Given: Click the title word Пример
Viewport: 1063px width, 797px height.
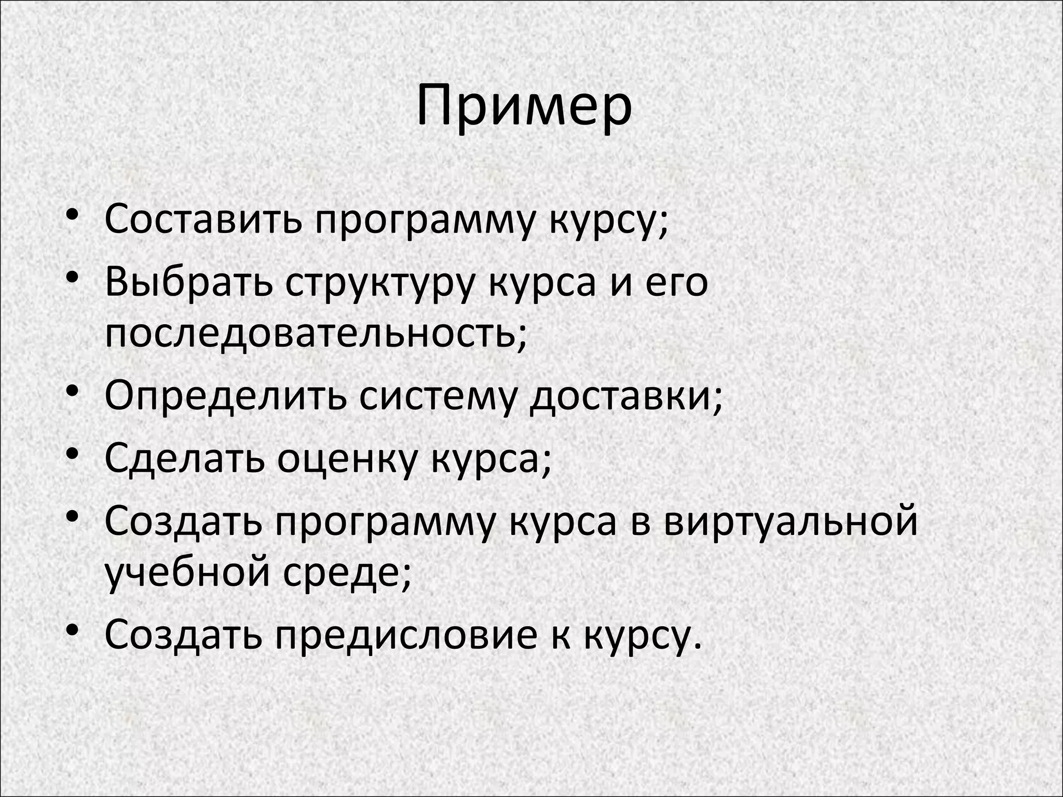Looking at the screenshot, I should pyautogui.click(x=524, y=108).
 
